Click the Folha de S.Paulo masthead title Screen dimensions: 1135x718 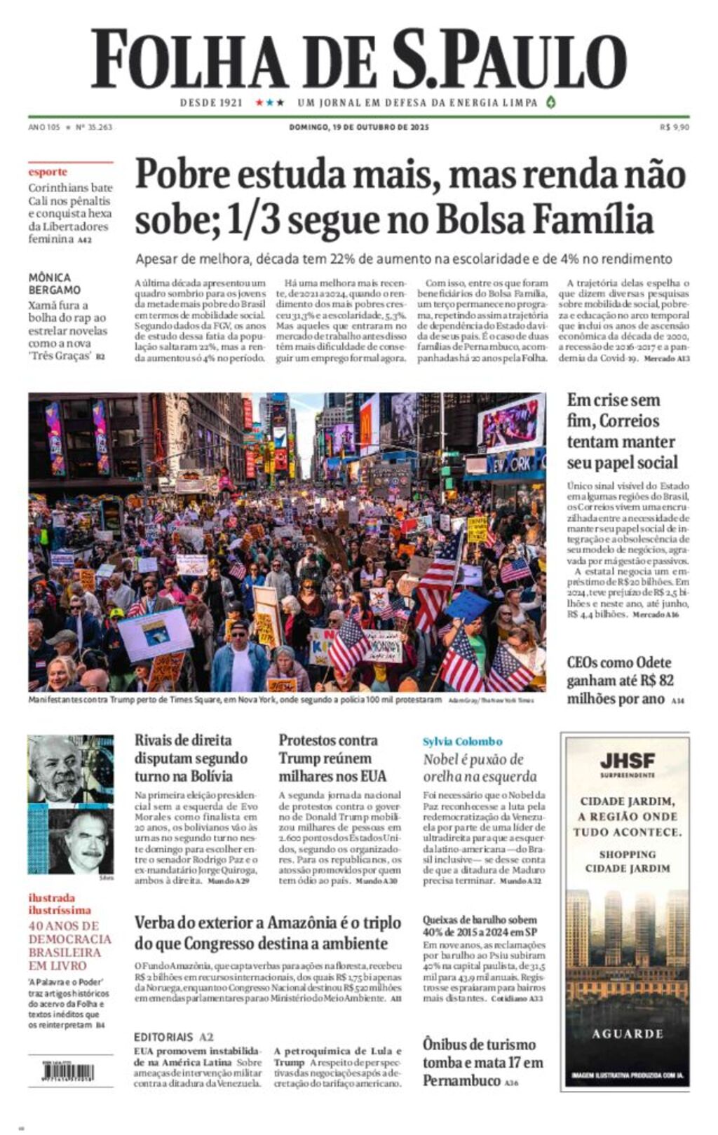click(358, 59)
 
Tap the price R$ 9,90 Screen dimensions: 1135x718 click(674, 127)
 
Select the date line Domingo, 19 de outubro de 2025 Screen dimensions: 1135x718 click(358, 127)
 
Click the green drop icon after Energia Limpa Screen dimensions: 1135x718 click(551, 102)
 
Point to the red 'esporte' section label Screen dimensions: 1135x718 click(48, 172)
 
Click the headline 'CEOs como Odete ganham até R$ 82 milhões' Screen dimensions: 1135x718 click(620, 680)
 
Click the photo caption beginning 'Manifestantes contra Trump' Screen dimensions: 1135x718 click(235, 700)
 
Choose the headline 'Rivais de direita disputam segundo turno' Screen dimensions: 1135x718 click(191, 758)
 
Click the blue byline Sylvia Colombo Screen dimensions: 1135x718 click(462, 741)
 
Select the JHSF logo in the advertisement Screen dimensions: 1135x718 click(627, 760)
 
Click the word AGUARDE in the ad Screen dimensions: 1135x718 click(627, 1033)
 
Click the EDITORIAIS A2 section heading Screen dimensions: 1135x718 click(173, 1036)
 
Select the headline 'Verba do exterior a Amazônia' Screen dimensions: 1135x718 click(268, 932)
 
